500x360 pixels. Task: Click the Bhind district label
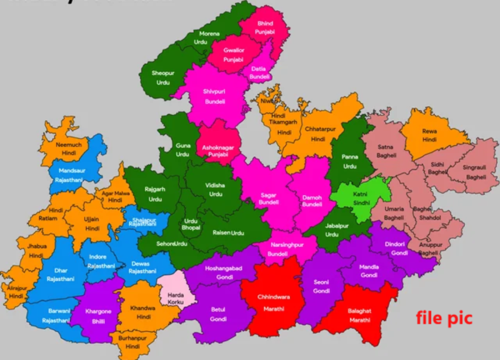click(264, 24)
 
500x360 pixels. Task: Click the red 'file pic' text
click(444, 318)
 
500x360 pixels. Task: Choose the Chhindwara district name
click(273, 297)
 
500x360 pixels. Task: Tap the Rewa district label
click(429, 131)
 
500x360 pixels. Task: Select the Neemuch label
click(69, 144)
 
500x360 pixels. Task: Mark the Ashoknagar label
click(218, 147)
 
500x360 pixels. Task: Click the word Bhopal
click(191, 229)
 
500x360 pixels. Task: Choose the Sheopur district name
click(162, 73)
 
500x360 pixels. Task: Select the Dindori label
click(395, 244)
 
